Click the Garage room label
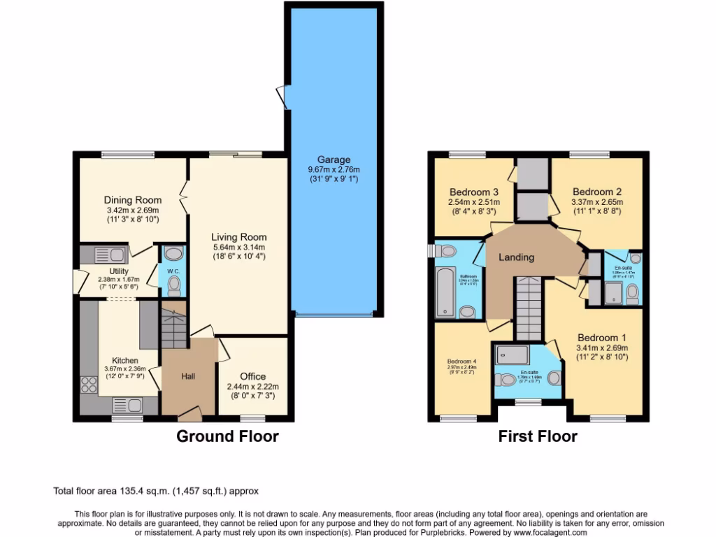coord(333,159)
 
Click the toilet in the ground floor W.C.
coord(174,284)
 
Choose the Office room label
coord(252,376)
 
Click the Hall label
coord(189,376)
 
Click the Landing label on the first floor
coord(516,257)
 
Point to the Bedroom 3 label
coord(474,192)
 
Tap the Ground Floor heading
coord(227,437)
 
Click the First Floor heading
coord(537,437)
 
